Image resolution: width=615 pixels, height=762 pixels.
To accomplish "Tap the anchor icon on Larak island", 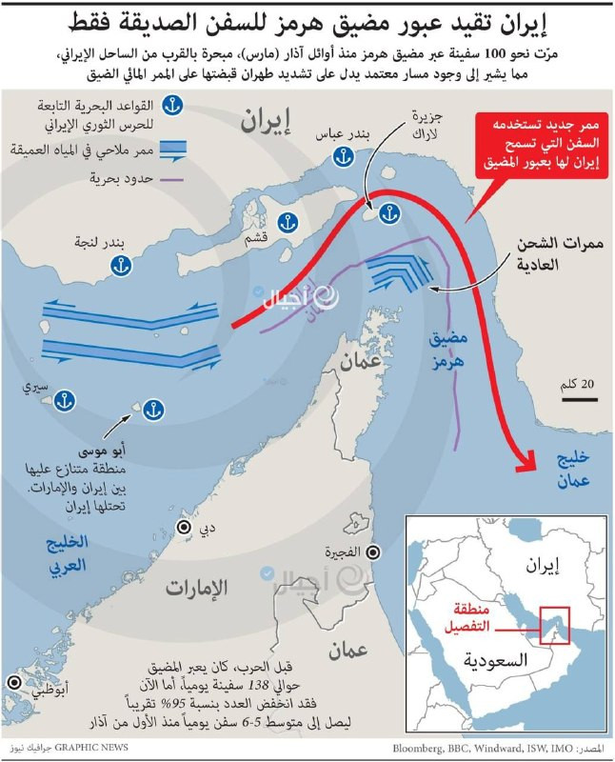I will (387, 214).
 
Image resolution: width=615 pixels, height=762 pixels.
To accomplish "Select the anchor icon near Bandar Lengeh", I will (121, 268).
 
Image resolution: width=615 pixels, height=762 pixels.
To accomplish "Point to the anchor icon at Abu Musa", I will (153, 410).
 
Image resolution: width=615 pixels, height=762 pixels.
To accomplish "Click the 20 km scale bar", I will (579, 399).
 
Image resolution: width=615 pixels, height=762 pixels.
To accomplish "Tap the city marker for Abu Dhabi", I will (12, 683).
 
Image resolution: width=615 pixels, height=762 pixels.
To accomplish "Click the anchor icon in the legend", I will (174, 105).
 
